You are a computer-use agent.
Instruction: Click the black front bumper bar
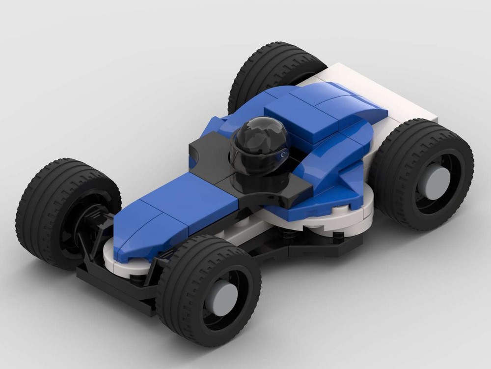pos(113,290)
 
